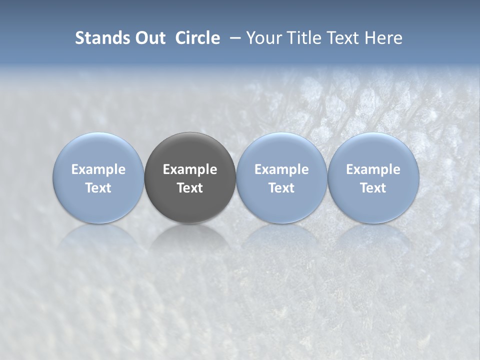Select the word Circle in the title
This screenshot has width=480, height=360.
pos(197,38)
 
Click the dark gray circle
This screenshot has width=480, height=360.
pos(190,177)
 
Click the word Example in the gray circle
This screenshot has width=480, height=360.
pos(190,169)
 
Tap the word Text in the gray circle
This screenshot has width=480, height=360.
pos(190,188)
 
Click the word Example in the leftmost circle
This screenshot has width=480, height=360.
pos(98,169)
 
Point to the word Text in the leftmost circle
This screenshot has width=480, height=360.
pos(98,188)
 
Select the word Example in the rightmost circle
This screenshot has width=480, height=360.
pos(373,169)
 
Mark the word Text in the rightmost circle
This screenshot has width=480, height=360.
pos(373,188)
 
